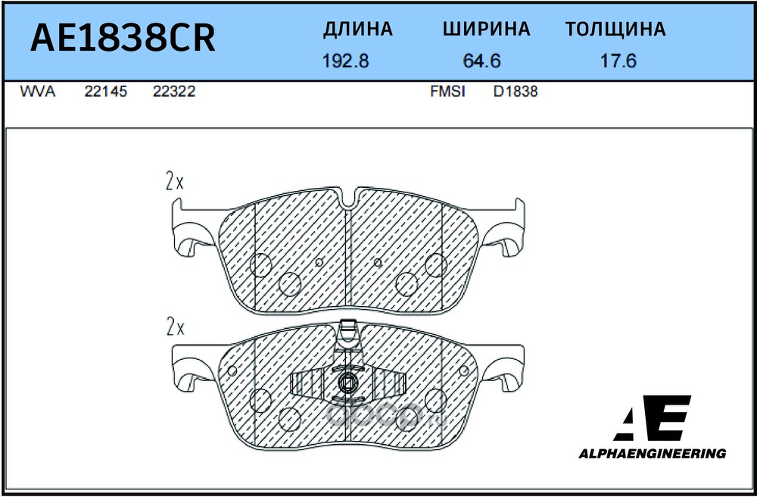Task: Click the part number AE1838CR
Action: (122, 38)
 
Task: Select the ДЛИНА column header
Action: (357, 30)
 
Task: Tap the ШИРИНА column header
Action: (486, 30)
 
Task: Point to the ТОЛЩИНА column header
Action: (615, 30)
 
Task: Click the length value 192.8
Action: (345, 61)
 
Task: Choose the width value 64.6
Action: (482, 61)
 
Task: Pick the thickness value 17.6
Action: (618, 61)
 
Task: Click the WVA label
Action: (36, 92)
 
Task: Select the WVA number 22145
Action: (105, 92)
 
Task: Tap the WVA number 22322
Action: (174, 92)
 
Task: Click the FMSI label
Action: (447, 92)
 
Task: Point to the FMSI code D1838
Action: (516, 92)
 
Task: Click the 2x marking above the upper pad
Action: (175, 182)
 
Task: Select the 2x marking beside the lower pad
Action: (175, 327)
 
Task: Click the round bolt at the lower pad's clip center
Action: (348, 383)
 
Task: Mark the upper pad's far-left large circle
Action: (261, 264)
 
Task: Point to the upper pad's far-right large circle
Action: (435, 264)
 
